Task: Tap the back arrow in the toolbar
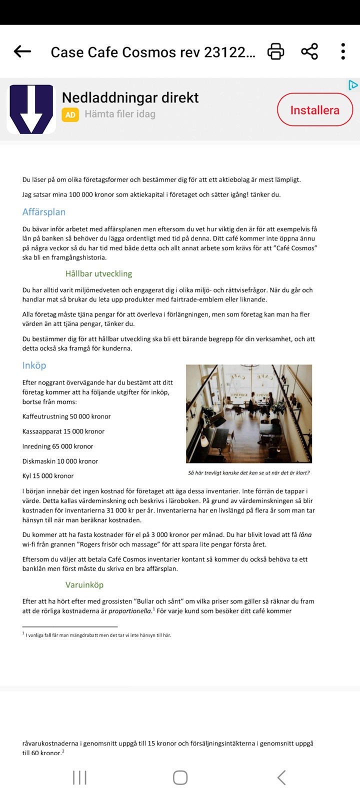coord(22,51)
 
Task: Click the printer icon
coord(275,51)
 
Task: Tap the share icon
coord(309,51)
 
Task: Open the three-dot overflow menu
coord(343,51)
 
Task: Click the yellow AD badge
coord(70,114)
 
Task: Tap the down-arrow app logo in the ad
coord(31,109)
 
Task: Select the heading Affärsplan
coord(44,212)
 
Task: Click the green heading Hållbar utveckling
coord(98,273)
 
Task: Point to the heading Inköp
coord(34,365)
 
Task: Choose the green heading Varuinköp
coord(84,584)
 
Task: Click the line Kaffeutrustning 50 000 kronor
coord(66,416)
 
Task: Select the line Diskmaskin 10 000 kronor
coord(60,461)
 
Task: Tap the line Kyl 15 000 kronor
coord(48,476)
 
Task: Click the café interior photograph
coord(249,413)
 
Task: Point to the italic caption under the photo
coord(248,472)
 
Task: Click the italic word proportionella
coord(130,611)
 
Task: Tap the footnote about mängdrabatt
coord(98,635)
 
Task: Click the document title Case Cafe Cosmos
coord(152,52)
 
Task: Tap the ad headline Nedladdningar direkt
coord(130,97)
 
